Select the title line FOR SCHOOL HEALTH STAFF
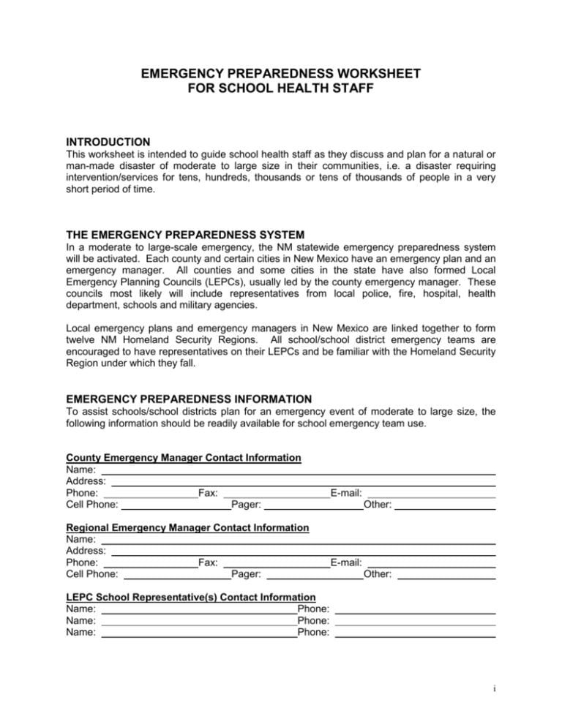[281, 88]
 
